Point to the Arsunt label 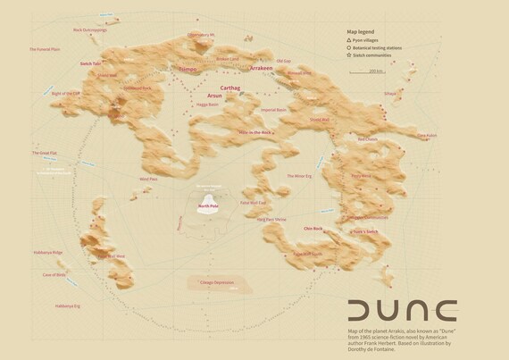214,95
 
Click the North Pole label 208,205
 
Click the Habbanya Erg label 67,306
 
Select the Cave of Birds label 54,275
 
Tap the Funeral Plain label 45,50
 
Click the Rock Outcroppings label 90,29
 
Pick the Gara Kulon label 427,137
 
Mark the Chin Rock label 312,229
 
